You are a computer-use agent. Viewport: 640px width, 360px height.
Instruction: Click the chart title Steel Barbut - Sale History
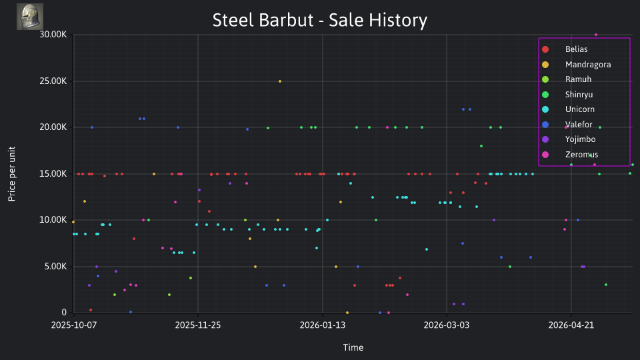point(319,20)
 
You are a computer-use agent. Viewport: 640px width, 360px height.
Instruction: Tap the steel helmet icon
point(30,17)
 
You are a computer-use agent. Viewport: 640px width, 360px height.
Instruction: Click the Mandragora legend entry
point(576,65)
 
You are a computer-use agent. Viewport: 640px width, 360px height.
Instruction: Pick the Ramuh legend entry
point(567,79)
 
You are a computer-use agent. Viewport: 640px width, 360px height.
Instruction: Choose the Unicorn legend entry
point(568,109)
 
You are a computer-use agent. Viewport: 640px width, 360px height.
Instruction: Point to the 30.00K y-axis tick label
point(53,35)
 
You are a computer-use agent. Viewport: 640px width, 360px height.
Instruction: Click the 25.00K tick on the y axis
point(53,81)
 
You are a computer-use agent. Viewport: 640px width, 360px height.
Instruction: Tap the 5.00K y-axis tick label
point(55,267)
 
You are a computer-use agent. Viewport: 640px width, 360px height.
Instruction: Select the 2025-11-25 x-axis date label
point(198,325)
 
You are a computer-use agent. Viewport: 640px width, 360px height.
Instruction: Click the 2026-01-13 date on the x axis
point(323,325)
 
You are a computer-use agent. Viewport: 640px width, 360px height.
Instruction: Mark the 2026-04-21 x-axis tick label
point(571,325)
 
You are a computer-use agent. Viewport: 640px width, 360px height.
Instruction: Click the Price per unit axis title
point(12,174)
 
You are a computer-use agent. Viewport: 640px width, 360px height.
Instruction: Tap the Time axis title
point(353,348)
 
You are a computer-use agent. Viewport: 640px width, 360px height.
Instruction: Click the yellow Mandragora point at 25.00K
point(279,81)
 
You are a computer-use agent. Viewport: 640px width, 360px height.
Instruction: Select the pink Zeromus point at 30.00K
point(596,35)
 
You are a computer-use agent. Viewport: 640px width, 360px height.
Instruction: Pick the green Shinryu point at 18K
point(481,146)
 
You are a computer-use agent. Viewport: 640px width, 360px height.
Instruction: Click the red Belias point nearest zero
point(91,310)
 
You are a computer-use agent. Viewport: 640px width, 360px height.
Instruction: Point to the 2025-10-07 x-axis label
point(74,325)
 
